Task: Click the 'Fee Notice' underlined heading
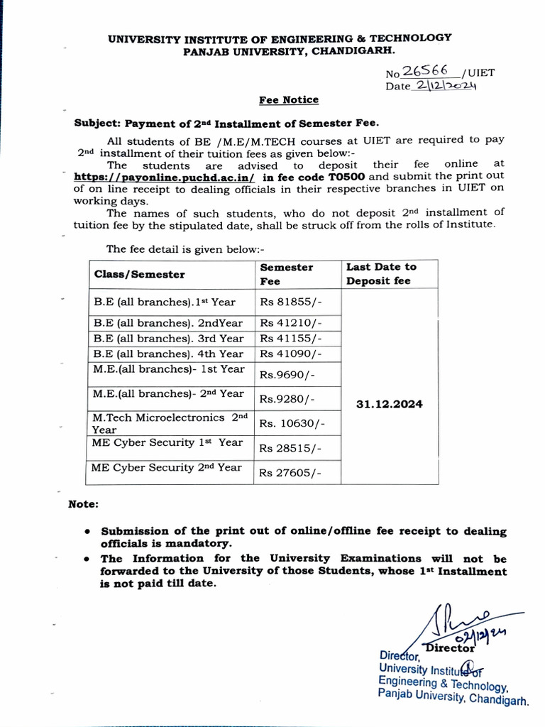(x=287, y=100)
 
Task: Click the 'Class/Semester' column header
(x=139, y=274)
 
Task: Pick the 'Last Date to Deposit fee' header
(x=381, y=273)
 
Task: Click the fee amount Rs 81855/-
(x=291, y=302)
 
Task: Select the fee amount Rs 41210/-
(x=291, y=323)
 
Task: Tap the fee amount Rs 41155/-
(x=291, y=339)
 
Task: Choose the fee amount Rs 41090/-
(x=291, y=354)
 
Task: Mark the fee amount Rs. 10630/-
(x=292, y=423)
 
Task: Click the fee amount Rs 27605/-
(x=291, y=473)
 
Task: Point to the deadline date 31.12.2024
(x=389, y=404)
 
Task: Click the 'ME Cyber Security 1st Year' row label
(x=167, y=442)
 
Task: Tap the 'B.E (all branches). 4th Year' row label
(x=168, y=354)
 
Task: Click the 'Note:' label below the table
(x=83, y=504)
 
